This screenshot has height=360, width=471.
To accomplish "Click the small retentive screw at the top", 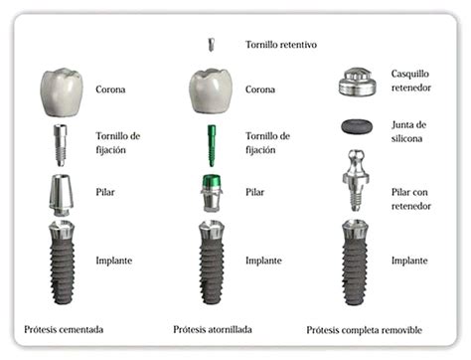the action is (x=211, y=45).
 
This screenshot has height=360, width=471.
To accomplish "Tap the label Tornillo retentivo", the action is (x=281, y=45).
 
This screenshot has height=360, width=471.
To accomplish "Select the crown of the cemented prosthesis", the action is (x=62, y=92).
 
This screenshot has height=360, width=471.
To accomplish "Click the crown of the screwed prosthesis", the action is (x=211, y=91).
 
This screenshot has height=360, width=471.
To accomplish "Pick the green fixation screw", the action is (x=212, y=145).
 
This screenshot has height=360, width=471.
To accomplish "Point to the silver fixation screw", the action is (x=61, y=145).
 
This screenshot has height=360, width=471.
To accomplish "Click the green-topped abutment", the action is (x=212, y=193).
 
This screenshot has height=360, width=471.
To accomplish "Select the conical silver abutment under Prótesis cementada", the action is (x=62, y=195).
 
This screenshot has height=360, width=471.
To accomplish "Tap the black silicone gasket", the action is (x=357, y=126).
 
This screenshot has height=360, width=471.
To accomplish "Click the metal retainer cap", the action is (x=358, y=83).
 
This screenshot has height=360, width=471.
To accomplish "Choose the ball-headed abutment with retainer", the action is (x=356, y=180).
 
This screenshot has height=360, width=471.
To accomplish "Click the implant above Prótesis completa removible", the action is (x=355, y=263).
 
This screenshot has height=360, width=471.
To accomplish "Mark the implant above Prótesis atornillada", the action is (x=212, y=263).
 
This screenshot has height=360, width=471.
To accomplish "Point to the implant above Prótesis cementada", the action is (x=62, y=263).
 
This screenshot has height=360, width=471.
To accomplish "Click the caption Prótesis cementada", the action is (x=64, y=329).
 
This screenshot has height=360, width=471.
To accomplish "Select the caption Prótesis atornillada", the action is (x=213, y=329).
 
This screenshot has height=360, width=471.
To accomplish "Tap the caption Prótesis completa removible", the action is (x=364, y=330).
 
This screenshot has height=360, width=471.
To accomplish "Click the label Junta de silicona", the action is (x=408, y=131).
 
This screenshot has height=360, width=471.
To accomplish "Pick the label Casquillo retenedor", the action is (x=411, y=81).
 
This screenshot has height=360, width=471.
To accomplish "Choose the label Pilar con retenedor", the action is (x=411, y=199).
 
